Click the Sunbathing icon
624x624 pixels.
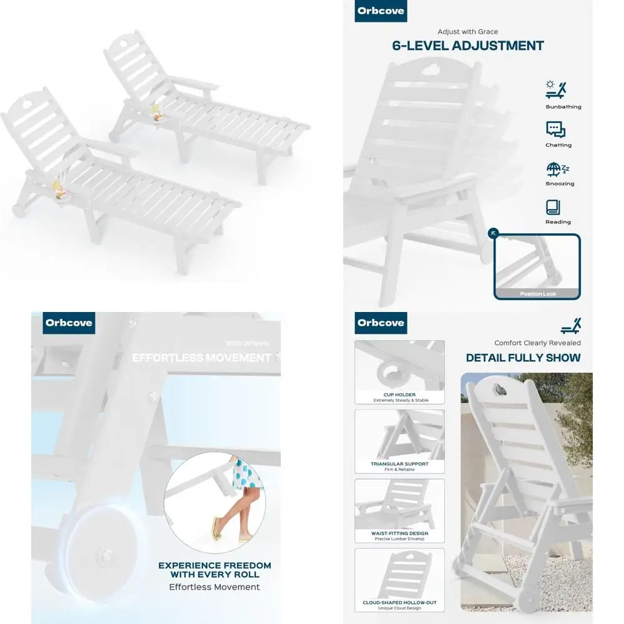pos(555,90)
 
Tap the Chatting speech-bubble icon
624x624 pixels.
pos(555,129)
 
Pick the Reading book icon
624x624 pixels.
pos(553,207)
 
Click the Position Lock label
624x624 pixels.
pos(538,293)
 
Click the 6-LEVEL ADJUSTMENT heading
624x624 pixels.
pos(468,46)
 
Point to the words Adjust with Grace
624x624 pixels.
pos(468,32)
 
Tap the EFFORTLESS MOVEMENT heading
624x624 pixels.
pos(202,358)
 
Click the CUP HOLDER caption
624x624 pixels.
pos(400,395)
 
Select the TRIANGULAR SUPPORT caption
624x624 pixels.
pos(400,464)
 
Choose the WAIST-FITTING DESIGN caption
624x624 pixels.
pos(400,534)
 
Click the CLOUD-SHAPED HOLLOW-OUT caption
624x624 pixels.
pos(400,603)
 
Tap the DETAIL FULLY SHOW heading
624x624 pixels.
pos(523,358)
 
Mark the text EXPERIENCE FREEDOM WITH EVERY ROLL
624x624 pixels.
pos(215,570)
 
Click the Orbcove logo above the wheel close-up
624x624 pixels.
pos(69,323)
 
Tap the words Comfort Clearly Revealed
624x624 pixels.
pos(537,343)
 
